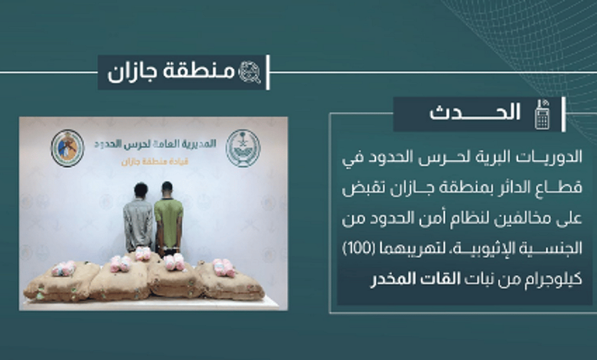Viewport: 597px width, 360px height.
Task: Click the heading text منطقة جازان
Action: click(x=171, y=72)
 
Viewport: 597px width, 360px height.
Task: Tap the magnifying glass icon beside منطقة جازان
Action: click(x=250, y=72)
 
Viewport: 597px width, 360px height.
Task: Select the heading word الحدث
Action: click(x=475, y=113)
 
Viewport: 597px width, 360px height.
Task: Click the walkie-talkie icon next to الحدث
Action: click(x=542, y=115)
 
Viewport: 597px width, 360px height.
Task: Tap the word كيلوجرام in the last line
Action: click(x=551, y=280)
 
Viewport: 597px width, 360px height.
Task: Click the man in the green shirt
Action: click(x=168, y=217)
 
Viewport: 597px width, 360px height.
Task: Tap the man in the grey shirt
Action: click(x=139, y=217)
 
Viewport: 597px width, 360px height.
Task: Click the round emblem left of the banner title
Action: click(x=67, y=148)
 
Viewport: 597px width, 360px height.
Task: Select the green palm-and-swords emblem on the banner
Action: click(x=243, y=148)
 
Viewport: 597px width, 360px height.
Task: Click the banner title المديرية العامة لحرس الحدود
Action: click(x=155, y=144)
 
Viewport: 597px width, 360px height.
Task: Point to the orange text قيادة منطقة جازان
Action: click(x=155, y=162)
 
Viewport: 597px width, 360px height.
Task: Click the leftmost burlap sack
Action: click(x=62, y=283)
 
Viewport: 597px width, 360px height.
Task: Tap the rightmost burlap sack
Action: click(x=230, y=281)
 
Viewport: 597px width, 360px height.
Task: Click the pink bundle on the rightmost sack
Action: click(x=223, y=267)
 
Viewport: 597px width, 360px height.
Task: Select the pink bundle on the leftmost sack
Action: click(x=64, y=269)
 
